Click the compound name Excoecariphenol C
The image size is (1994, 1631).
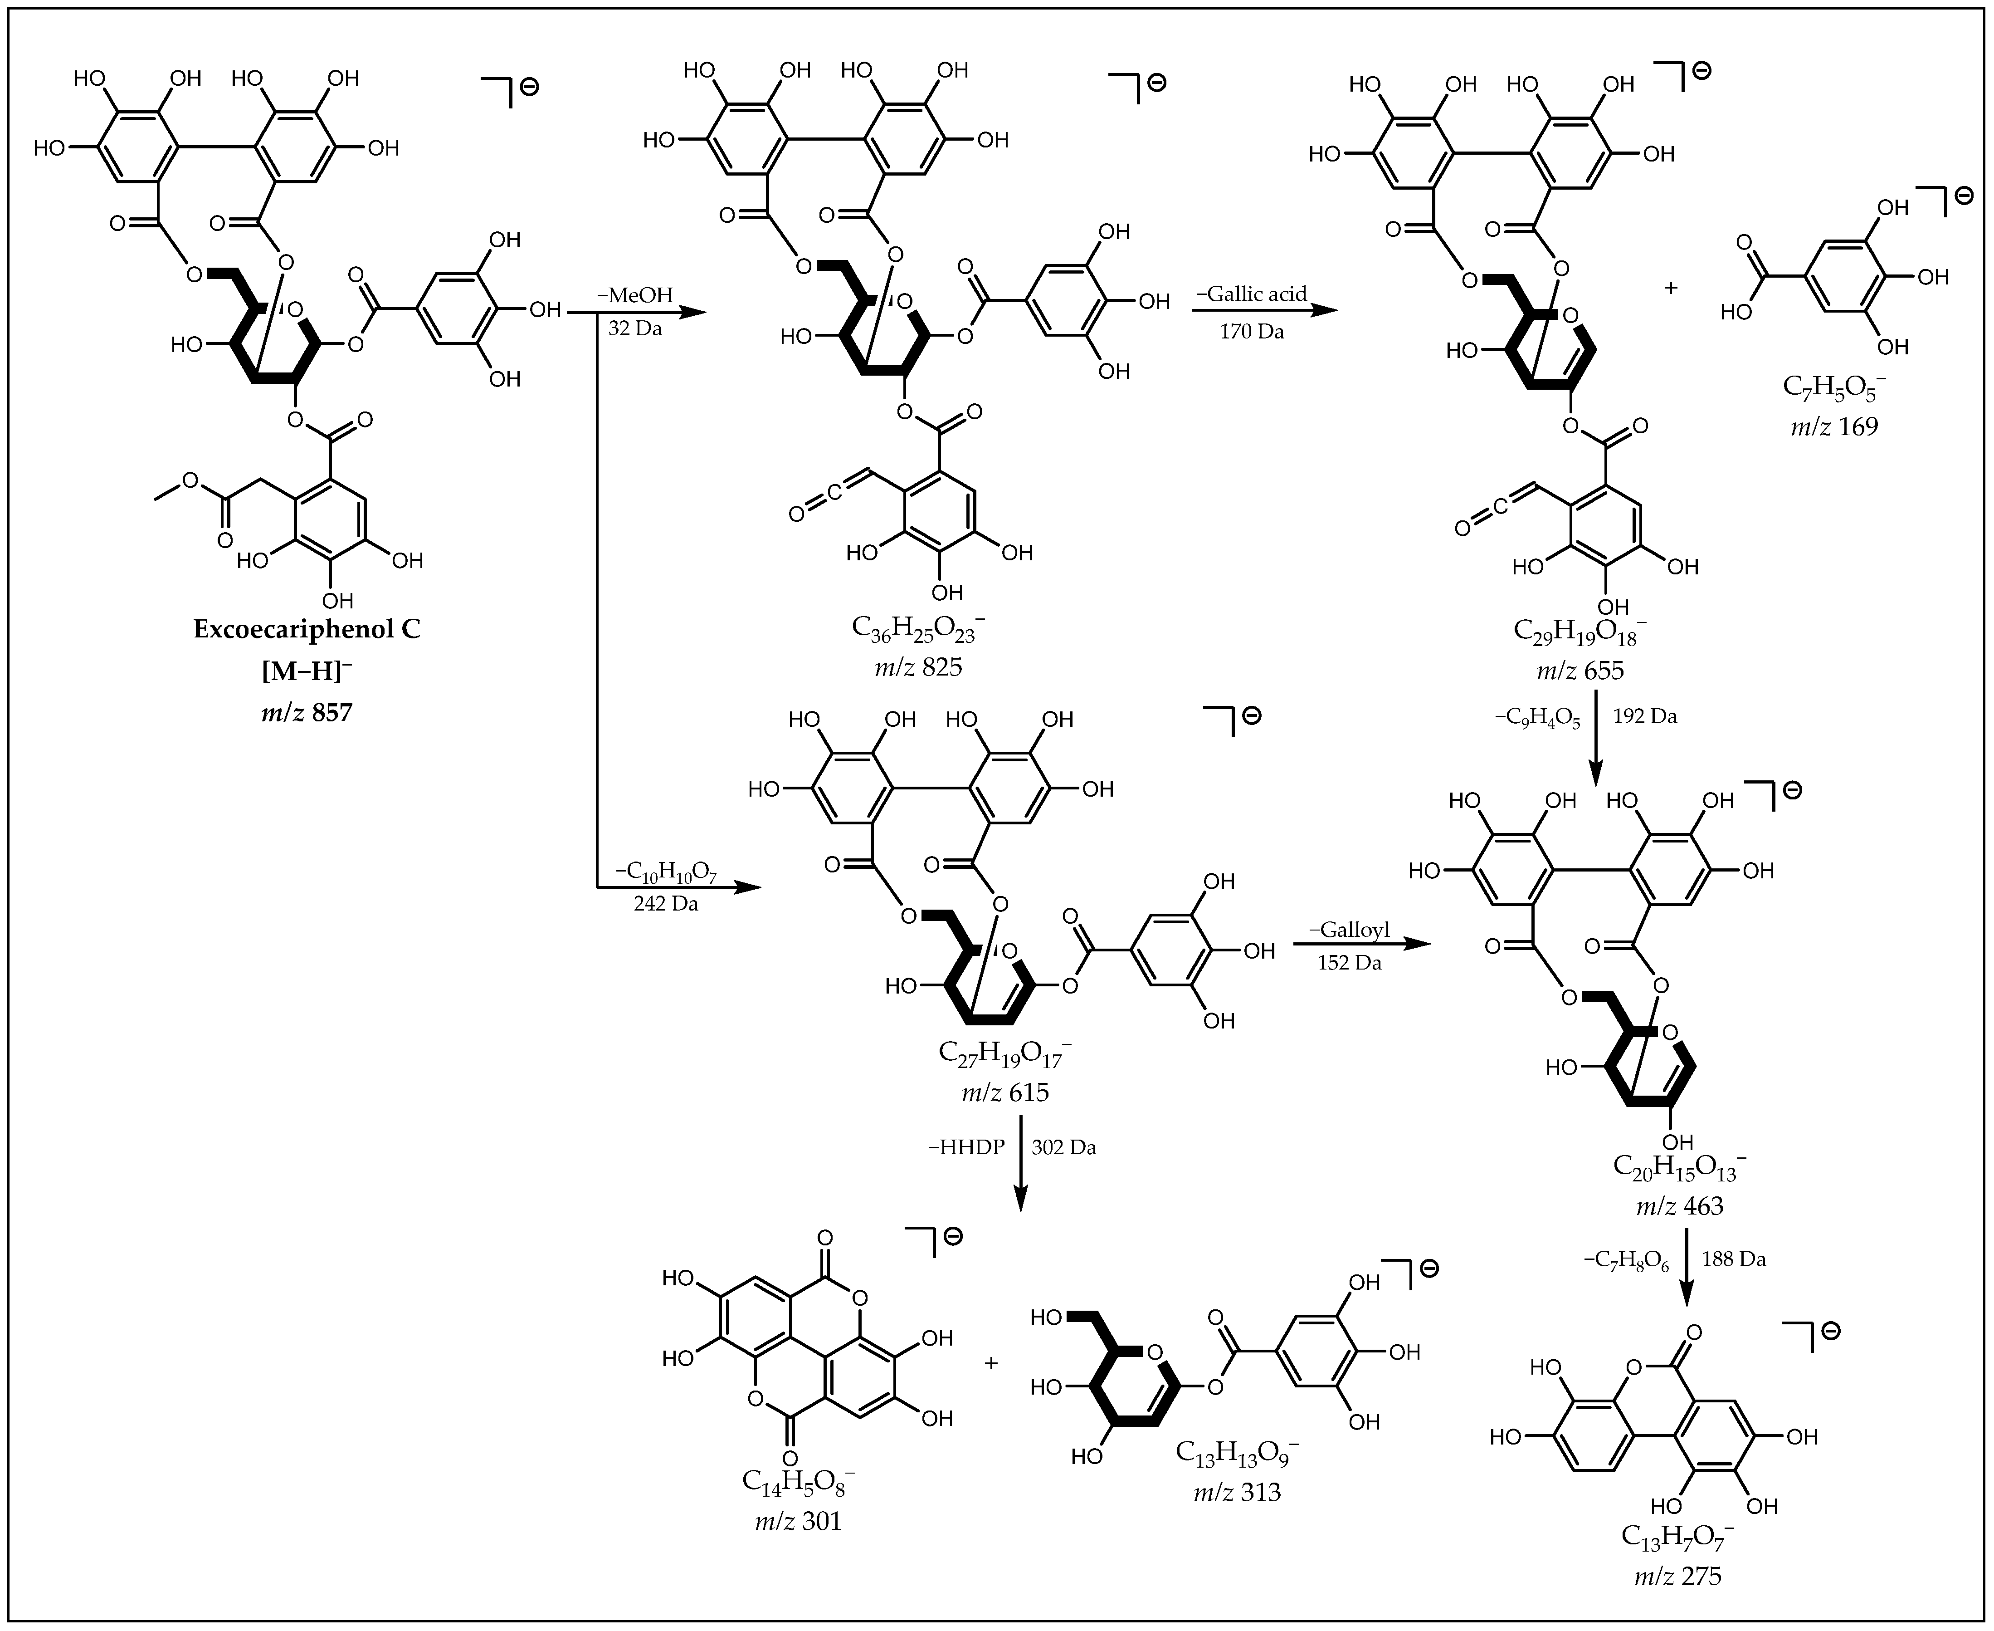pyautogui.click(x=307, y=628)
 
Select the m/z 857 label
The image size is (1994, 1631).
pyautogui.click(x=307, y=712)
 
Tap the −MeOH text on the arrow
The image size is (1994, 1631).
pyautogui.click(x=635, y=295)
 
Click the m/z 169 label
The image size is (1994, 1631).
pyautogui.click(x=1833, y=426)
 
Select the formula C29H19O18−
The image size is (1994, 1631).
pyautogui.click(x=1580, y=632)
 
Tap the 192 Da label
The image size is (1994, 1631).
pyautogui.click(x=1645, y=716)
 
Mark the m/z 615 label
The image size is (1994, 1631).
pyautogui.click(x=1004, y=1092)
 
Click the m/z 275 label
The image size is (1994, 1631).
pyautogui.click(x=1677, y=1576)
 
